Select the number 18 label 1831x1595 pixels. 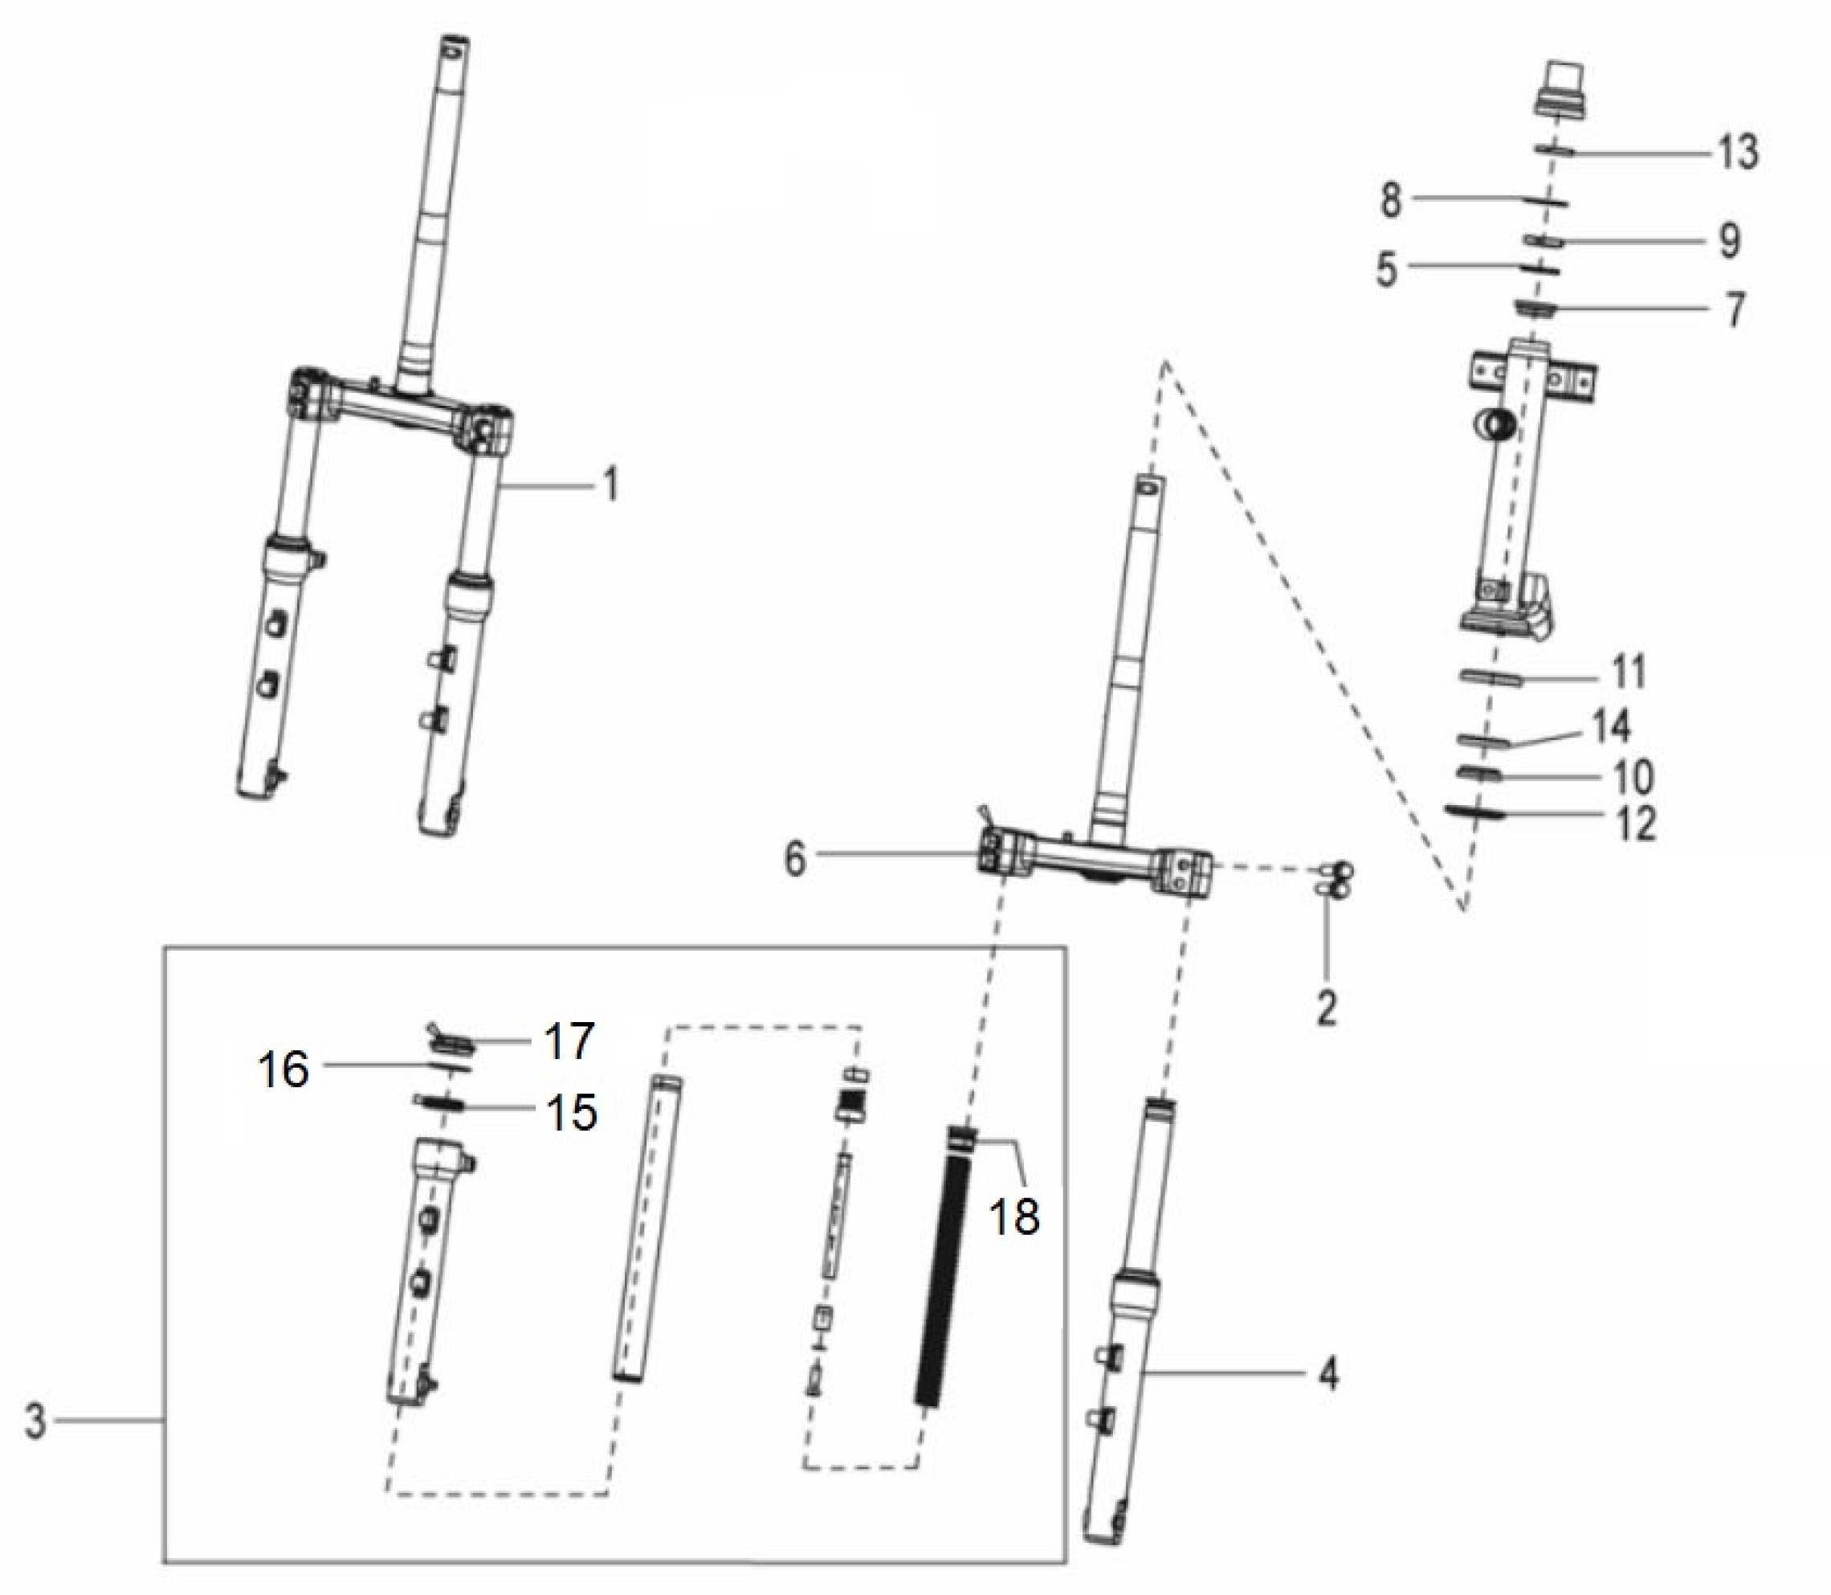pos(1014,1215)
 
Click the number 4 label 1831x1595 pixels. pos(1327,1375)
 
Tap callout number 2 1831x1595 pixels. pos(1327,1007)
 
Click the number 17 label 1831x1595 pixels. pos(569,1041)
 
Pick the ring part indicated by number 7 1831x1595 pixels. pos(1536,308)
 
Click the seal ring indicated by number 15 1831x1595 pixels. pos(438,1102)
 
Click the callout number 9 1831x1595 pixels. pos(1729,241)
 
